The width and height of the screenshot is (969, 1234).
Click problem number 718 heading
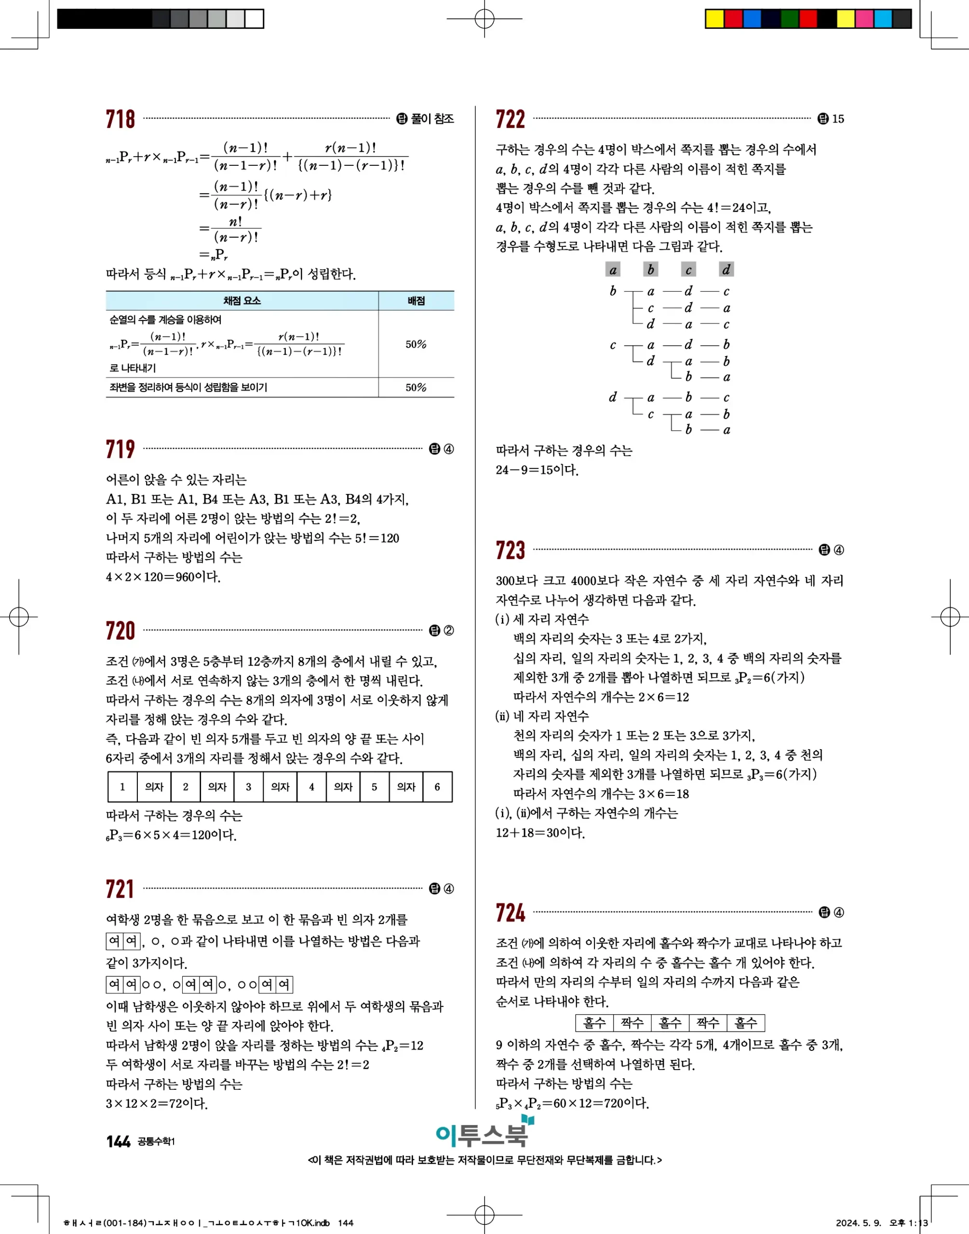click(120, 119)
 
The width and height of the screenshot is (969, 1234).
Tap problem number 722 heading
click(510, 119)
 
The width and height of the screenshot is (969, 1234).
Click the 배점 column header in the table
click(416, 301)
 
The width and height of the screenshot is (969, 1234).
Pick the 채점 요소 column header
click(242, 301)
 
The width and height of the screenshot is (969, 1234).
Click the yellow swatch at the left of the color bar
click(714, 19)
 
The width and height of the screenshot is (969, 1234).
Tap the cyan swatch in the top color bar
click(883, 19)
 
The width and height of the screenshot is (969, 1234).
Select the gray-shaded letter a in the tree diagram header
click(613, 269)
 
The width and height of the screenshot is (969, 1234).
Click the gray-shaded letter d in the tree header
click(726, 269)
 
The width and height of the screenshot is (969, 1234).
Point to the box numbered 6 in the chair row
click(437, 787)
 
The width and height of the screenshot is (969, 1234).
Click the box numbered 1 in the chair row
click(122, 787)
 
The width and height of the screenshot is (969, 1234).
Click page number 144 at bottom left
click(118, 1141)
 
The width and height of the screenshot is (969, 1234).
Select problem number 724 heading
click(510, 912)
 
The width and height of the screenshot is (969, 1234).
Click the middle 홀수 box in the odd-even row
click(670, 1023)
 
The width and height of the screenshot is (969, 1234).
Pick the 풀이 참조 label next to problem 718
click(432, 119)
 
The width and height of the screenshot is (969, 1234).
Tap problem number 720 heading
click(120, 630)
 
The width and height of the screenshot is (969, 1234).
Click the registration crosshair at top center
click(484, 19)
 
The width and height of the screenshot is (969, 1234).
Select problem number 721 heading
click(120, 889)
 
